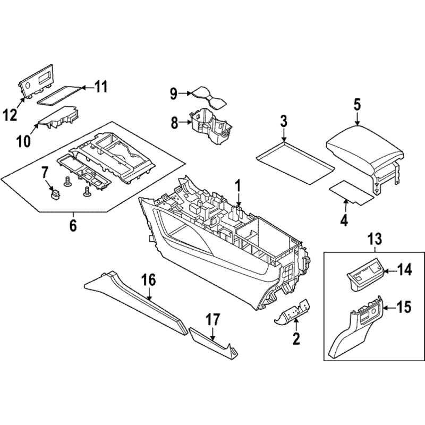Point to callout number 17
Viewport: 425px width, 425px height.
(213, 320)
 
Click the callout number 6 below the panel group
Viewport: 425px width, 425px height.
(73, 225)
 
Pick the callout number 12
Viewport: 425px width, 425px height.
(10, 115)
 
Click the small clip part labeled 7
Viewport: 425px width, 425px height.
(56, 194)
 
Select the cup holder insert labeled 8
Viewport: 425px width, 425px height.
(210, 125)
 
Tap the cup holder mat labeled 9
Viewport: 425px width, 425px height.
(209, 98)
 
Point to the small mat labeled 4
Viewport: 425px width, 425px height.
(351, 192)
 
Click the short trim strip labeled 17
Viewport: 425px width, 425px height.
(213, 343)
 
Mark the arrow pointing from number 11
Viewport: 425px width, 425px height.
(87, 87)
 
